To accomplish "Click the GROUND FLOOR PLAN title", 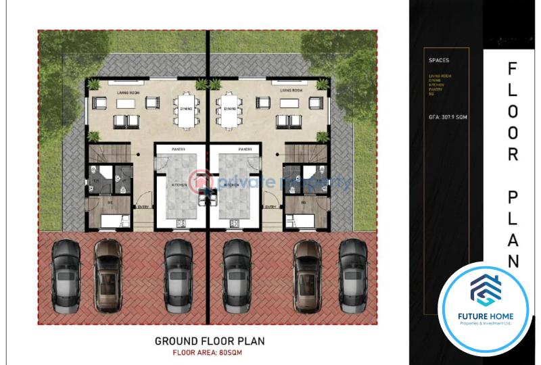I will point(210,341).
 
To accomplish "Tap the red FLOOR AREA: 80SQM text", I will point(210,352).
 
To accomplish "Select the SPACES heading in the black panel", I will point(439,60).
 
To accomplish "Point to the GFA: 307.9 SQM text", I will point(448,117).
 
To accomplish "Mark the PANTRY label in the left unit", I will point(179,149).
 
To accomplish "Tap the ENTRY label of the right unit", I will point(270,207).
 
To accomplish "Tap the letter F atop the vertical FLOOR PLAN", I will point(512,69).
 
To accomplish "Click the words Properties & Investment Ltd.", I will point(484,324).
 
